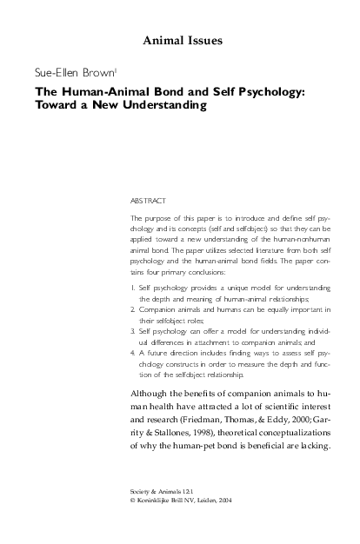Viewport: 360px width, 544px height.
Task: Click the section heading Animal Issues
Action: pos(179,40)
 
